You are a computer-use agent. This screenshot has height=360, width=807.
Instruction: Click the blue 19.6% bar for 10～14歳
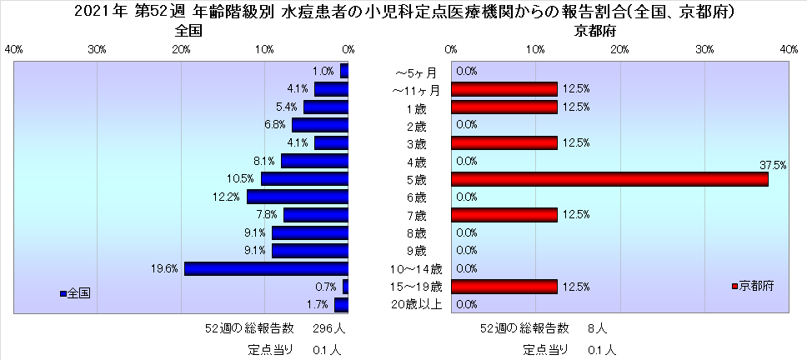[x=266, y=268]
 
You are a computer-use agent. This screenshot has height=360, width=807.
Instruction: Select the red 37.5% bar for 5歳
[x=609, y=178]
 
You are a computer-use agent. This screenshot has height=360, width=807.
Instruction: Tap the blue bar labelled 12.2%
[x=298, y=197]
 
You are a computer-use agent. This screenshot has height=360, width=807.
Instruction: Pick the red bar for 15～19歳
[x=504, y=287]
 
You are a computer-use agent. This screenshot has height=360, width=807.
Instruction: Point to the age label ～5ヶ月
[x=417, y=72]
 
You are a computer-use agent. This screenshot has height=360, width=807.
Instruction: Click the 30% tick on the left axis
[x=98, y=48]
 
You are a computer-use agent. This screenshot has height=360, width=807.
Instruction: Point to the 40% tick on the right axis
[x=789, y=48]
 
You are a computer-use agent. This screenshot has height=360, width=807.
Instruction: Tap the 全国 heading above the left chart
[x=189, y=31]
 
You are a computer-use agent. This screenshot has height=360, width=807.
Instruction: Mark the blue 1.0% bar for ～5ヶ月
[x=344, y=72]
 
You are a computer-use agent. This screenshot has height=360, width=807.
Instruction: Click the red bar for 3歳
[x=504, y=143]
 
